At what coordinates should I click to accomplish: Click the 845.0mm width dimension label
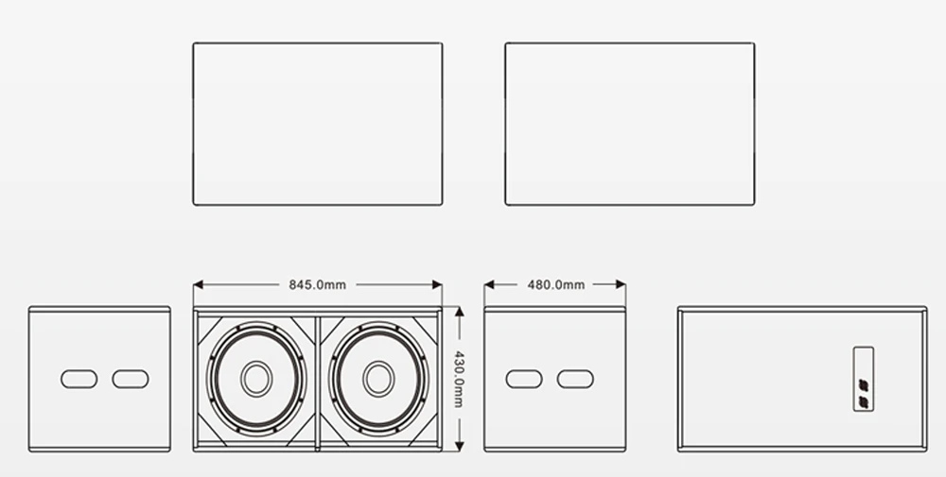[317, 285]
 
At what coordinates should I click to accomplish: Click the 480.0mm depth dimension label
[555, 285]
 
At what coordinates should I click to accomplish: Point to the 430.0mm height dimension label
[459, 380]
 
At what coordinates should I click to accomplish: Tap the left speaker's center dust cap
[256, 379]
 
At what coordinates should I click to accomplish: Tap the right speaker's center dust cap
[378, 379]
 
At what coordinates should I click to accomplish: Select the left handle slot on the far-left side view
[79, 379]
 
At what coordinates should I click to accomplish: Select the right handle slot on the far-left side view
[131, 379]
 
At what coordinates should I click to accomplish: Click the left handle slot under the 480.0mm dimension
[524, 379]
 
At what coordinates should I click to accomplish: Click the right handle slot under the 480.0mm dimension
[575, 379]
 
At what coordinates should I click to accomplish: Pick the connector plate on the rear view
[864, 379]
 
